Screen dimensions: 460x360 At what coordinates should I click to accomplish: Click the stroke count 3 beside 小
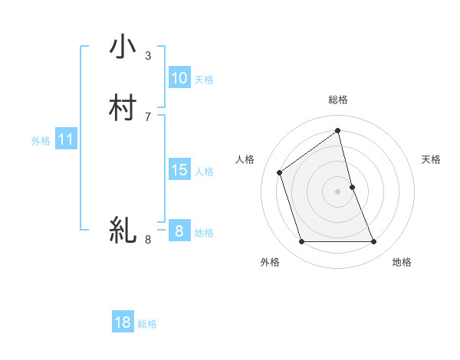pyautogui.click(x=148, y=56)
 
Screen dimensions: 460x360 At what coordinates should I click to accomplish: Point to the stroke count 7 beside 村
pyautogui.click(x=148, y=116)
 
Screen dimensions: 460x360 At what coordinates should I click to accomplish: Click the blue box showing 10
pyautogui.click(x=179, y=78)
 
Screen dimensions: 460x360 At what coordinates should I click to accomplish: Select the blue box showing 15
pyautogui.click(x=179, y=170)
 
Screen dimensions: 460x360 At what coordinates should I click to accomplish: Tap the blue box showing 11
pyautogui.click(x=66, y=140)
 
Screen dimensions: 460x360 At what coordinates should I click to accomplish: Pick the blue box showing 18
pyautogui.click(x=123, y=323)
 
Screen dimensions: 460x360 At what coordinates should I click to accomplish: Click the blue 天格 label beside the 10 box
pyautogui.click(x=204, y=79)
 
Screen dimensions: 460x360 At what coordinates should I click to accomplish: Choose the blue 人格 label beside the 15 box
pyautogui.click(x=204, y=171)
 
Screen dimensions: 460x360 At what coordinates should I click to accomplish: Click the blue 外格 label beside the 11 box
pyautogui.click(x=41, y=141)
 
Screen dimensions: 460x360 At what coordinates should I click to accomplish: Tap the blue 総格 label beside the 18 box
pyautogui.click(x=147, y=324)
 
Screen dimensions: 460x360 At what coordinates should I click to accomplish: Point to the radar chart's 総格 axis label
pyautogui.click(x=338, y=100)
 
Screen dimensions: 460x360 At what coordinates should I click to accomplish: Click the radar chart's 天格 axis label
pyautogui.click(x=432, y=159)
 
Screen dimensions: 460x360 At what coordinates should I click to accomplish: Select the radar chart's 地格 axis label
pyautogui.click(x=402, y=262)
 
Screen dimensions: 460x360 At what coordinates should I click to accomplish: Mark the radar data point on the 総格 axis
pyautogui.click(x=338, y=130)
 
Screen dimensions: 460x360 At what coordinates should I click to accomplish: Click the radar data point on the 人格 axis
pyautogui.click(x=280, y=172)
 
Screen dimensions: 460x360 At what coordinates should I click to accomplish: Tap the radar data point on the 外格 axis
pyautogui.click(x=301, y=242)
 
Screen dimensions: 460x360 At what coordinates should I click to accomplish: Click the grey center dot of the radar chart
pyautogui.click(x=338, y=191)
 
